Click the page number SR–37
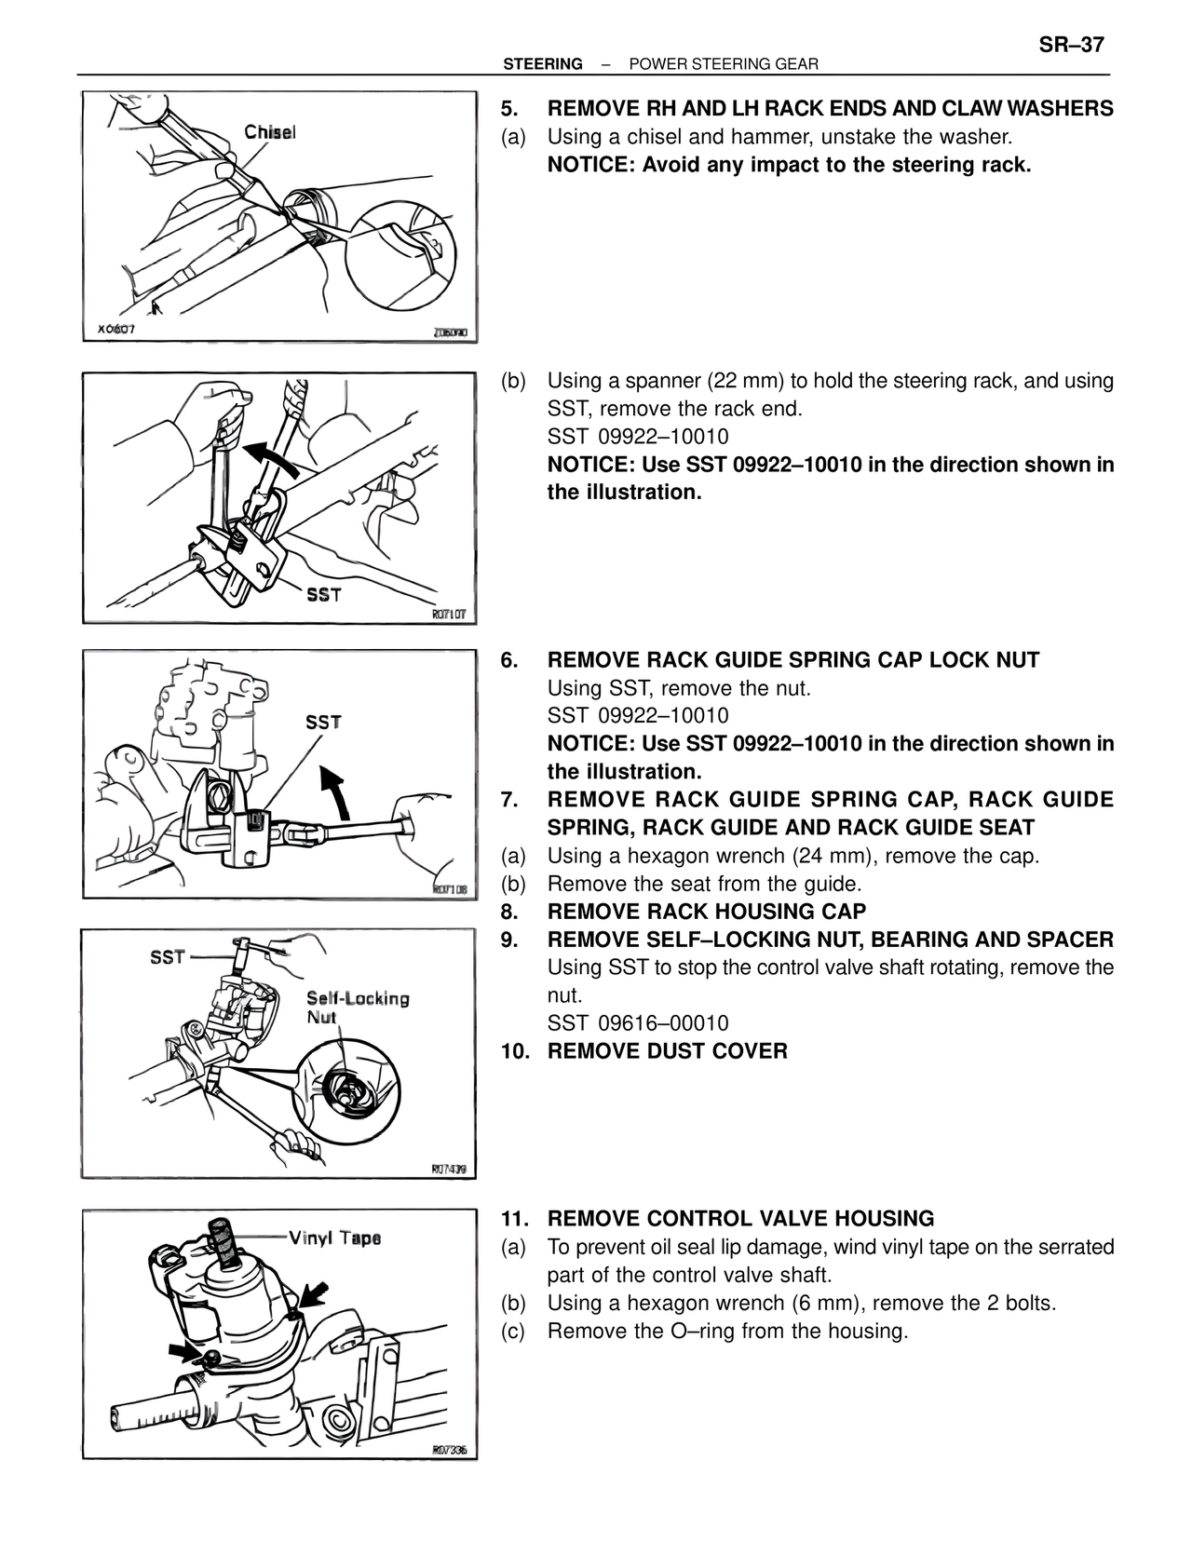[1071, 45]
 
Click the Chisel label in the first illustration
[270, 132]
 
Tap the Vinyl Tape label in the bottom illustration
[334, 1238]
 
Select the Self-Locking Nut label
[358, 1007]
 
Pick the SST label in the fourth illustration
[168, 956]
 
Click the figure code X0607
[116, 329]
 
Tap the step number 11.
[515, 1219]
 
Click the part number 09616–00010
[663, 1023]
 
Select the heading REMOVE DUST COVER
[667, 1051]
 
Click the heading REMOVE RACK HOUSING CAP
[706, 912]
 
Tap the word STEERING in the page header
[542, 64]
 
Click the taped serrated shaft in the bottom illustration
[223, 1239]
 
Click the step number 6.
[509, 660]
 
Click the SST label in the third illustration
[323, 722]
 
